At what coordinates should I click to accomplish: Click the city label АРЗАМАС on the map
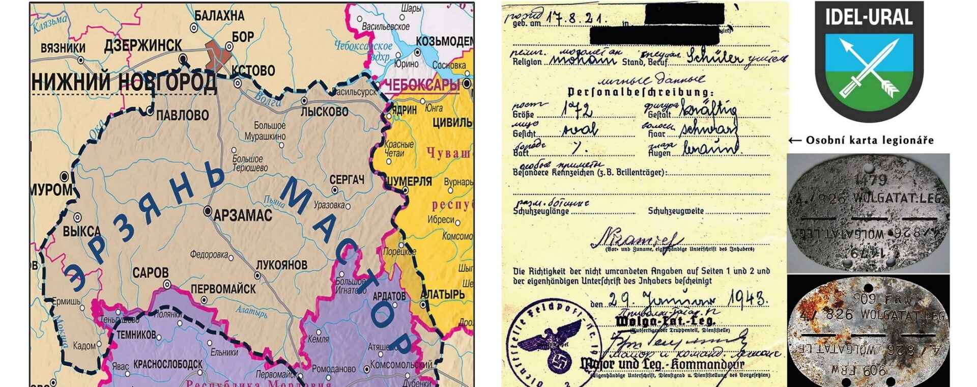(243, 215)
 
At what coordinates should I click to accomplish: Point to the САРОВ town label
(150, 272)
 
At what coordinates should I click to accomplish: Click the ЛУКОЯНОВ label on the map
(281, 265)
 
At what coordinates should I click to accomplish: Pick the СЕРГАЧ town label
(347, 180)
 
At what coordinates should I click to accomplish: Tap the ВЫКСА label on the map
(81, 232)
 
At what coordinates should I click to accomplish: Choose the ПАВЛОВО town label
(182, 115)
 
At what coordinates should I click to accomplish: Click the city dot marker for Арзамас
(208, 210)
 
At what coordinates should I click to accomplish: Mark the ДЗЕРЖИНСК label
(143, 46)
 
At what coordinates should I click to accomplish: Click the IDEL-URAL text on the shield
(869, 18)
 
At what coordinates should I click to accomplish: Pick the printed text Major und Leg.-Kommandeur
(662, 364)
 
